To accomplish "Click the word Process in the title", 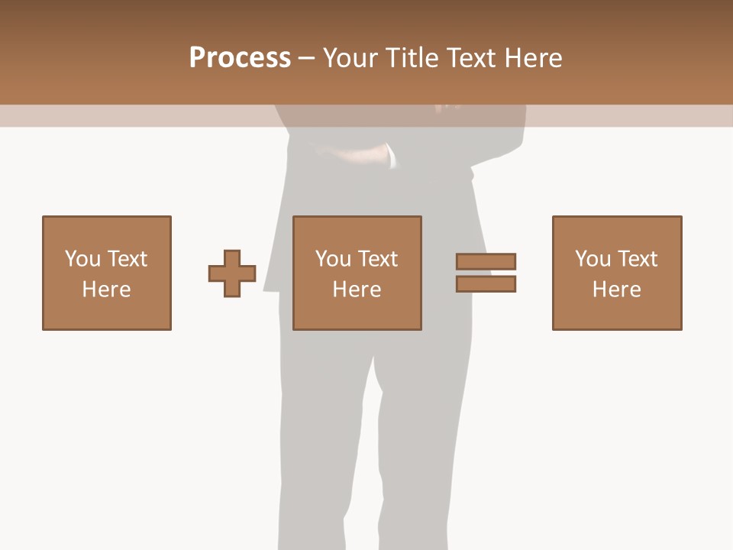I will point(240,58).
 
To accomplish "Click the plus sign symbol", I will point(232,273).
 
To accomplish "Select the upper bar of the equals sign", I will point(486,261).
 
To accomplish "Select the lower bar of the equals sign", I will point(486,284).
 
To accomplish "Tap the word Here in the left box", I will point(106,290).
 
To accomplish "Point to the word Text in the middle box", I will point(377,259).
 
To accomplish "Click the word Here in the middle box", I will point(357,290).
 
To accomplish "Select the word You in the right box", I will point(593,259).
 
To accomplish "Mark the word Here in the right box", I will point(616,290).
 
